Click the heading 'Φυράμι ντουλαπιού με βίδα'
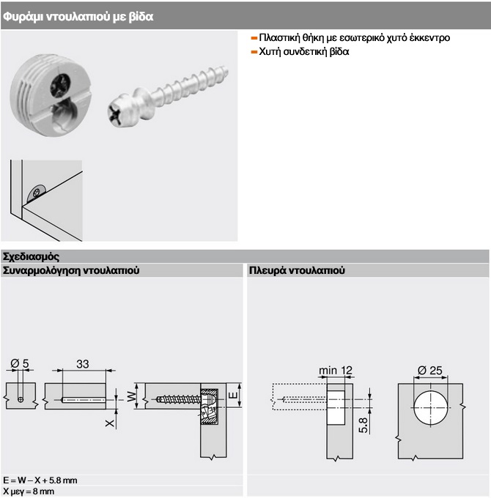tap(78, 15)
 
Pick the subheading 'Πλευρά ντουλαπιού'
tap(296, 270)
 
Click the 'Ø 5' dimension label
tap(20, 363)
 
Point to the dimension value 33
tap(83, 363)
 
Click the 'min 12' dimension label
tap(336, 370)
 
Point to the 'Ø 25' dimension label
tap(430, 370)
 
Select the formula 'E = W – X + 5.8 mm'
tap(40, 480)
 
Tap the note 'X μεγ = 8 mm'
tap(29, 491)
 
